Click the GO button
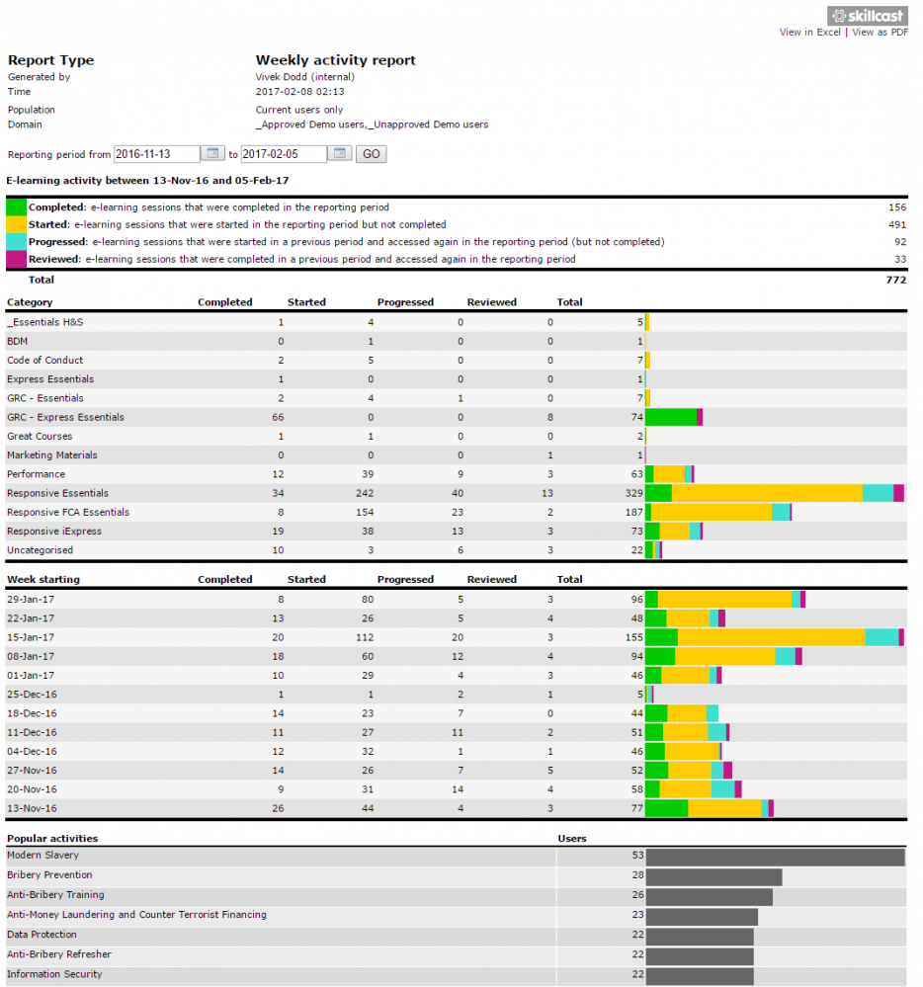point(371,154)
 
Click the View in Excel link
point(809,32)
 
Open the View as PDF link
point(880,32)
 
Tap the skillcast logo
point(867,16)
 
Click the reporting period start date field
point(157,154)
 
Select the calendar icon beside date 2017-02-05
point(339,153)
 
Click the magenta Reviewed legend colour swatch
point(16,259)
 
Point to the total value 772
point(896,281)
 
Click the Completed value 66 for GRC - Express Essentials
point(278,417)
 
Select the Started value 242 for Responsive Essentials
point(365,494)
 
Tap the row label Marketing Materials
point(52,455)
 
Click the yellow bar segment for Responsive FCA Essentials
point(712,513)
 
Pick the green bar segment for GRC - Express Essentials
point(671,417)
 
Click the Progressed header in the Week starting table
point(405,580)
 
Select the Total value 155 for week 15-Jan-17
point(634,637)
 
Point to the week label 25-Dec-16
point(32,695)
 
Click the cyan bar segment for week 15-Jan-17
point(881,637)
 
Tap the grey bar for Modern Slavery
point(775,857)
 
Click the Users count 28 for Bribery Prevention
point(637,875)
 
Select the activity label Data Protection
point(42,935)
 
